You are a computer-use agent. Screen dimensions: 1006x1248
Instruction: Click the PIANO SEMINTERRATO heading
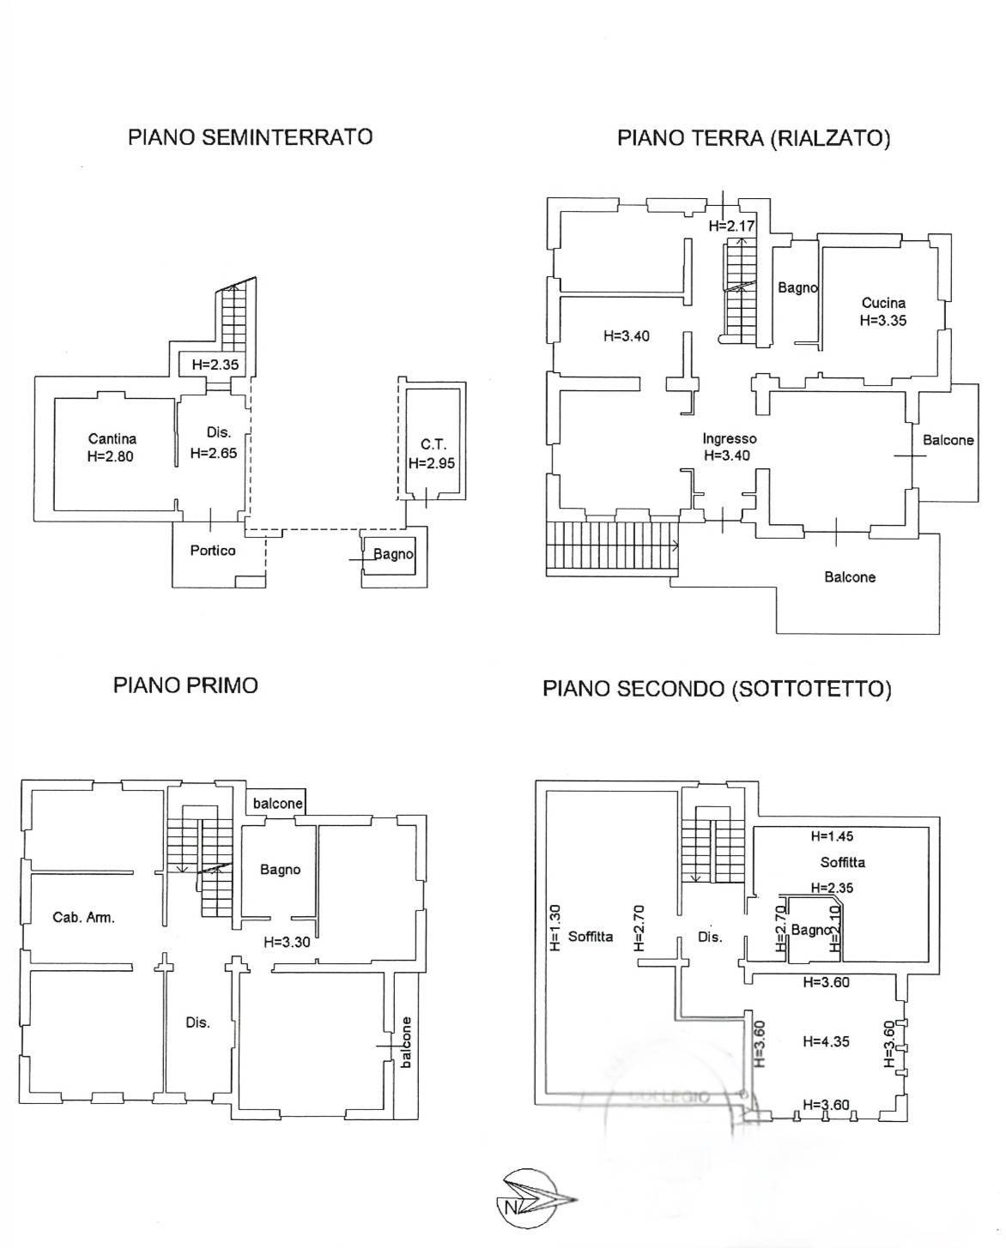[250, 137]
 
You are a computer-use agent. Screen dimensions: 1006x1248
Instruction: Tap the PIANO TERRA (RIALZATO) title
[754, 139]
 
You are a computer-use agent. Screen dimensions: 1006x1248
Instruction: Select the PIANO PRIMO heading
[185, 685]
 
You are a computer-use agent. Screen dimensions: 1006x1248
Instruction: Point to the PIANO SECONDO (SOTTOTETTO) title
[717, 689]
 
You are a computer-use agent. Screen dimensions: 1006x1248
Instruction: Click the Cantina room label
[112, 438]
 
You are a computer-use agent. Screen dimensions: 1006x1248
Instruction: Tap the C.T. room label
[433, 445]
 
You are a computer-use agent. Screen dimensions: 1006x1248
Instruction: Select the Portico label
[213, 551]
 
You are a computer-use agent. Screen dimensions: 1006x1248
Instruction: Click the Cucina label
[883, 303]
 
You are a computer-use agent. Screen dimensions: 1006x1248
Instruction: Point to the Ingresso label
[729, 439]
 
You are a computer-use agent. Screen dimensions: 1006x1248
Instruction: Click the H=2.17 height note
[731, 226]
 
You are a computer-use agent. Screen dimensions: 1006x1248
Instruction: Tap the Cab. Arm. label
[83, 918]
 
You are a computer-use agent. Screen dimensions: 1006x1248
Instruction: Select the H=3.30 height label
[287, 943]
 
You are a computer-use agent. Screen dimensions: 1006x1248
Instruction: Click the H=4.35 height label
[826, 1041]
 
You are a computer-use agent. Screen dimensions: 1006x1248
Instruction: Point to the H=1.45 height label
[832, 836]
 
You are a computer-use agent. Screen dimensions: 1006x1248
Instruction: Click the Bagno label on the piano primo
[281, 869]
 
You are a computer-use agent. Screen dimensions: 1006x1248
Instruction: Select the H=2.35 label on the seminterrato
[215, 365]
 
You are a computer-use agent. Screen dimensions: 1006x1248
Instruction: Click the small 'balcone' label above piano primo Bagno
[277, 804]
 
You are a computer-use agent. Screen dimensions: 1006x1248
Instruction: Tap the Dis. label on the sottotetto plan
[710, 937]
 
